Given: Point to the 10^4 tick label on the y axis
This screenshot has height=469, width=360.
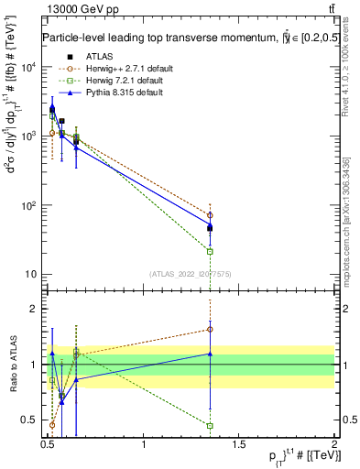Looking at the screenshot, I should tap(28, 68).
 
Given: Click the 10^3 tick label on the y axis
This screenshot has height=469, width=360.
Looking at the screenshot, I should tap(28, 136).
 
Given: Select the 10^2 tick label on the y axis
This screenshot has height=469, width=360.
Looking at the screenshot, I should tap(28, 205).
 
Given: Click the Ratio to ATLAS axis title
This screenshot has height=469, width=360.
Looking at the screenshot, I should tap(12, 364).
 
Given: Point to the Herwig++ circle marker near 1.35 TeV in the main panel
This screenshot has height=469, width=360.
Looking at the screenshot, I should tap(210, 215).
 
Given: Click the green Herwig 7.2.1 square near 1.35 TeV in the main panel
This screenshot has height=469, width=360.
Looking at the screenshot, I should tap(210, 251).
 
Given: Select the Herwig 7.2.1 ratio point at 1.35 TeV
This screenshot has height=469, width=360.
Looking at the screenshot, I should tap(210, 425).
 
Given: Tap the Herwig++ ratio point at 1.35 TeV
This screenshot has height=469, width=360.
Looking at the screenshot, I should tap(210, 329).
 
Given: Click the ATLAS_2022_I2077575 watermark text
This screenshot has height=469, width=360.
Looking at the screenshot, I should tap(191, 274).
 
